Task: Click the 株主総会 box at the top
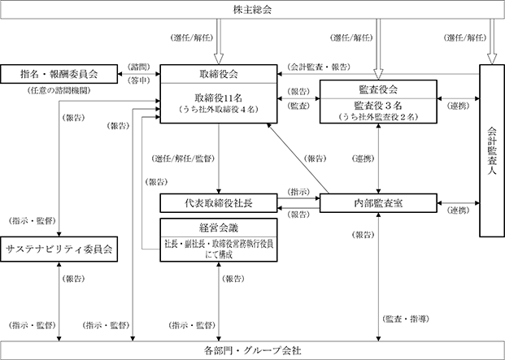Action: click(x=252, y=10)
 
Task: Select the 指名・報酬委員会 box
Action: click(x=59, y=74)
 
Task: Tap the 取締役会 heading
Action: click(x=219, y=74)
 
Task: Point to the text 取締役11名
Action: click(x=219, y=98)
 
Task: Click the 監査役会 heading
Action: click(x=378, y=89)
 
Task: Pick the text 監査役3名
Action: click(x=378, y=105)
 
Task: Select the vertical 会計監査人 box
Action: click(x=492, y=150)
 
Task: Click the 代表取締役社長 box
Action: click(x=219, y=203)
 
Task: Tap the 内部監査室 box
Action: click(x=378, y=203)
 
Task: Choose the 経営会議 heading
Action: click(x=219, y=228)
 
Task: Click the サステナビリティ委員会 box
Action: click(x=59, y=249)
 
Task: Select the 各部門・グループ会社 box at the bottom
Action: click(x=252, y=350)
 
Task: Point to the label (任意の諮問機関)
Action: click(x=59, y=91)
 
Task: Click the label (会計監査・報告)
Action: click(x=319, y=67)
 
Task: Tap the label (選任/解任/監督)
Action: click(x=183, y=158)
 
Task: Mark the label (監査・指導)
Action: click(x=406, y=319)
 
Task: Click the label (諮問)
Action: click(x=139, y=67)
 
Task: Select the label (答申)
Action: click(x=139, y=80)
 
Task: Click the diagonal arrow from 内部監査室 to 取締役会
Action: click(x=298, y=158)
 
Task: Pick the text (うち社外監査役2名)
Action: click(x=378, y=117)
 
